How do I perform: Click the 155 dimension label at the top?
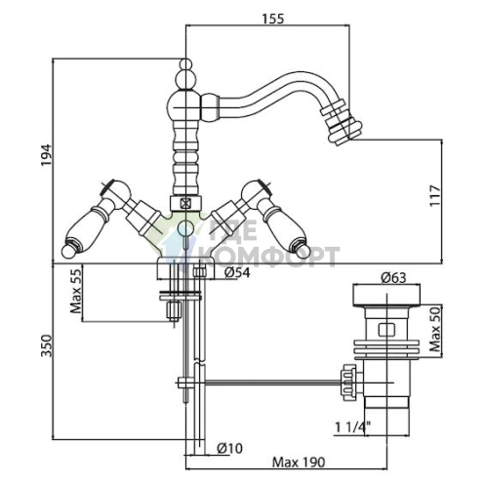[273, 19]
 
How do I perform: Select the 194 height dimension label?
[46, 155]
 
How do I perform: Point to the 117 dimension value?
[435, 195]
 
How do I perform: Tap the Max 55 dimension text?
[76, 292]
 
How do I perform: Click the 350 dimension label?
[46, 345]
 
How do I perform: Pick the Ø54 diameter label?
[237, 272]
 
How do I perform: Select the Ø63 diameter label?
[393, 278]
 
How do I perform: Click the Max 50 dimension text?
[435, 329]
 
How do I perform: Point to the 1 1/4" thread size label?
[353, 426]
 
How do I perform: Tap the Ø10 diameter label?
[229, 448]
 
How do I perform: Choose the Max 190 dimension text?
[299, 462]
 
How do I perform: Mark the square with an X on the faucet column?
[185, 204]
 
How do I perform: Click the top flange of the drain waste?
[386, 296]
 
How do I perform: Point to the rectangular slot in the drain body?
[386, 329]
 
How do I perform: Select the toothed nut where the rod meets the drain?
[347, 382]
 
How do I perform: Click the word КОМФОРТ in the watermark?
[268, 257]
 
